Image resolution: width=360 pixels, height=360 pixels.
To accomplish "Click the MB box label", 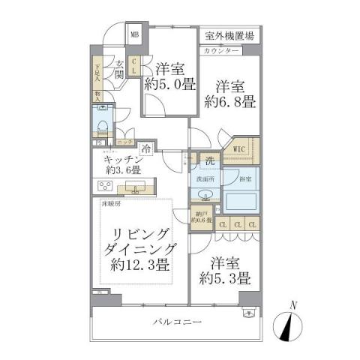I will click(134, 34).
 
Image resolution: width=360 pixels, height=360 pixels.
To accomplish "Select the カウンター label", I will click(220, 49).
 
